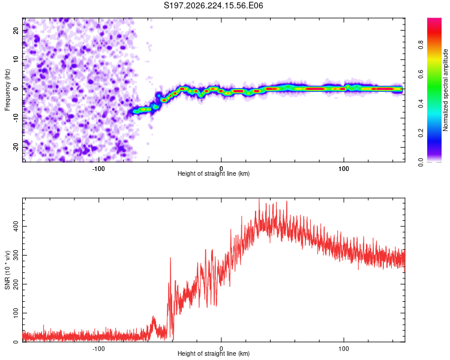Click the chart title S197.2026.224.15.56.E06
pos(213,5)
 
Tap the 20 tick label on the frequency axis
pos(16,30)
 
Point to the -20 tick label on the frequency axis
pos(16,147)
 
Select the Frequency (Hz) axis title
pos(7,89)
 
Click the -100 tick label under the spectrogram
pos(98,169)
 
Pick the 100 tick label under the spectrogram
pos(344,169)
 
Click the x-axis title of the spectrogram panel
pos(214,173)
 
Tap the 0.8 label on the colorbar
pos(421,44)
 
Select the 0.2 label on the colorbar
pos(421,133)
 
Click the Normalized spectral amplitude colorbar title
pos(445,90)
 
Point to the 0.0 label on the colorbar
pos(421,162)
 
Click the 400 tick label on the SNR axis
pos(16,227)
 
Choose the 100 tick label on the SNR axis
pos(16,313)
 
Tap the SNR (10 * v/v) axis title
pos(7,270)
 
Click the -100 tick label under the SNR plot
pos(98,349)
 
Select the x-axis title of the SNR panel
pos(214,353)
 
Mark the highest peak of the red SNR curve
pos(259,199)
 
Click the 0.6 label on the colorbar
pos(421,74)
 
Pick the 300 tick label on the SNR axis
pos(16,255)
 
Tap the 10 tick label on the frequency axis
pos(16,59)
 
